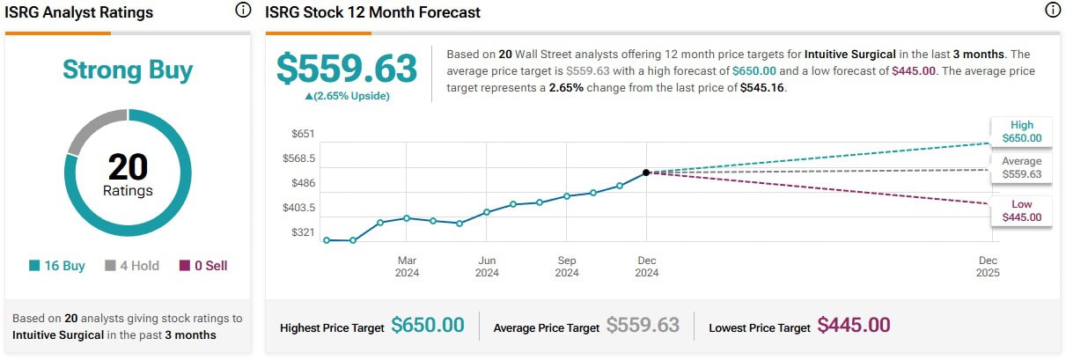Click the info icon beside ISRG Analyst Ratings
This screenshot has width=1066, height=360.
point(243,11)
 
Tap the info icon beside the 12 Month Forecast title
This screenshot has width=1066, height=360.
point(1053,11)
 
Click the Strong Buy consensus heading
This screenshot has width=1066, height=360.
point(128,70)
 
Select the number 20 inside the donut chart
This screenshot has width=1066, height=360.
point(128,166)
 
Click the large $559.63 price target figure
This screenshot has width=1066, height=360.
point(346,69)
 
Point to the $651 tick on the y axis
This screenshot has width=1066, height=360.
point(303,134)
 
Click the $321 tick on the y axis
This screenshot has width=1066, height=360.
point(303,232)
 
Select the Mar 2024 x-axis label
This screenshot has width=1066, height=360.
point(407,267)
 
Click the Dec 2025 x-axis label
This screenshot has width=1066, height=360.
point(989,267)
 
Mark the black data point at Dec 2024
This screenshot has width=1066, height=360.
point(646,173)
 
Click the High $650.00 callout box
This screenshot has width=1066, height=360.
point(1021,131)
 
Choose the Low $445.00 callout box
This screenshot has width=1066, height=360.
point(1021,210)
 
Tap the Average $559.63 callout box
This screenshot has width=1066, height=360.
point(1021,168)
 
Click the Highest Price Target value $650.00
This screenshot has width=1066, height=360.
point(427,326)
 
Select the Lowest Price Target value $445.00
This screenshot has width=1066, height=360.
point(854,326)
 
